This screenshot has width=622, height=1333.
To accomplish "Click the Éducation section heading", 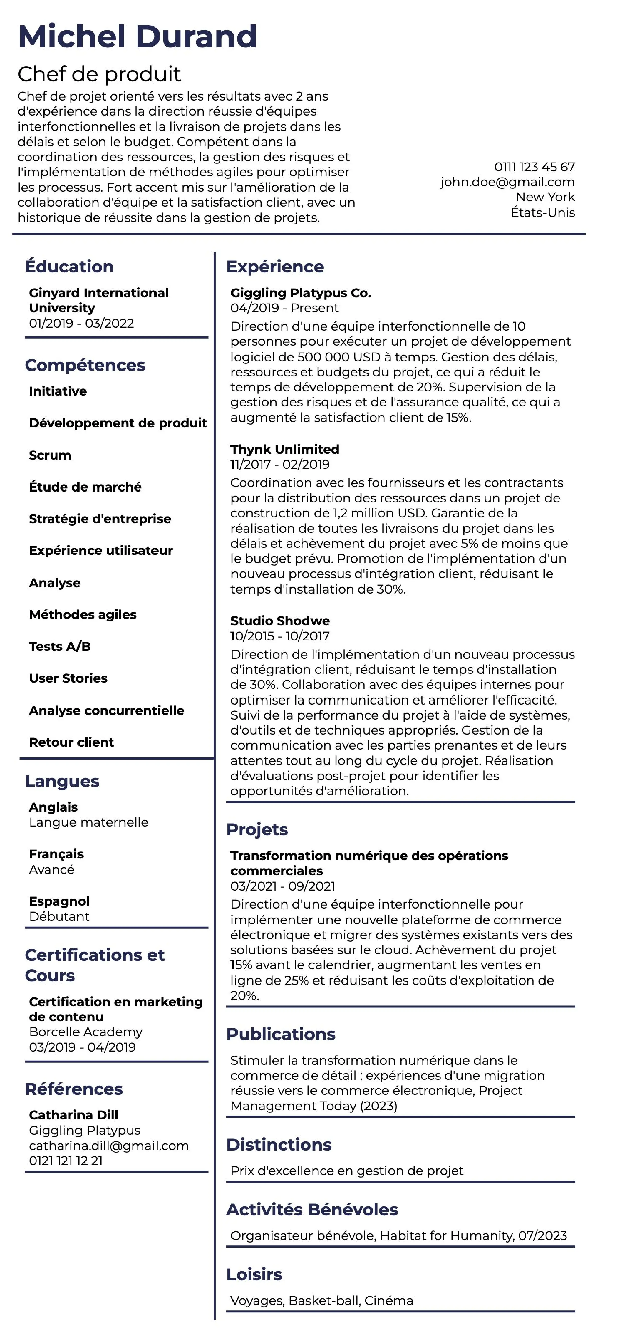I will pyautogui.click(x=69, y=266).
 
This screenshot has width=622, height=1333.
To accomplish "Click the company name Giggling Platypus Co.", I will pyautogui.click(x=301, y=293).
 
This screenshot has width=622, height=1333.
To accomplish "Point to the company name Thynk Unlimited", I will pyautogui.click(x=285, y=449).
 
